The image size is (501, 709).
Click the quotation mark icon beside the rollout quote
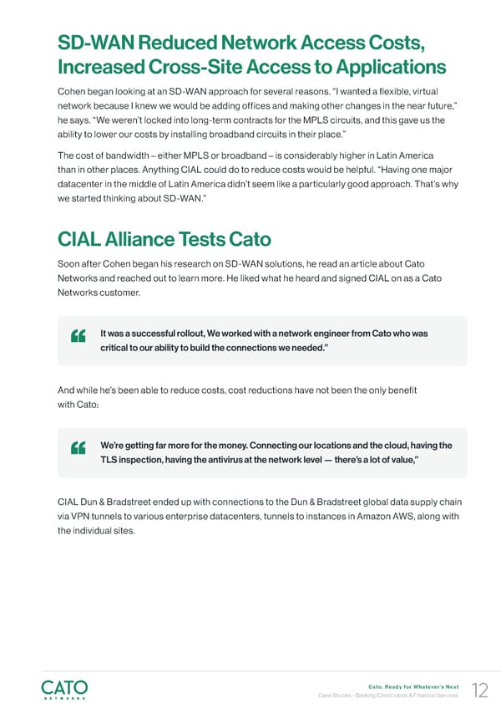80,337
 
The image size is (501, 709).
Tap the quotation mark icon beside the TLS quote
80,448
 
